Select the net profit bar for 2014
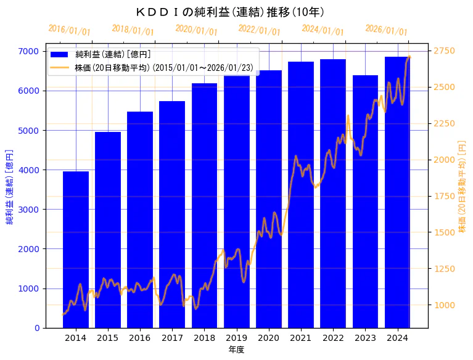pos(76,250)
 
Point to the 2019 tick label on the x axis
pos(236,338)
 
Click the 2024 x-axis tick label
pos(397,338)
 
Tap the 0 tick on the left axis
pos(37,328)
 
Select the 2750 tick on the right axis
pos(444,51)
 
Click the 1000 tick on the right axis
pos(444,305)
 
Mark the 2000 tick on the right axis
pos(444,160)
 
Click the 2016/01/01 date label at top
pos(69,30)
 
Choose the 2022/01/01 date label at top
pos(259,30)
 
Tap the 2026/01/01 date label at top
pos(386,30)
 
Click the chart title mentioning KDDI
pos(230,12)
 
